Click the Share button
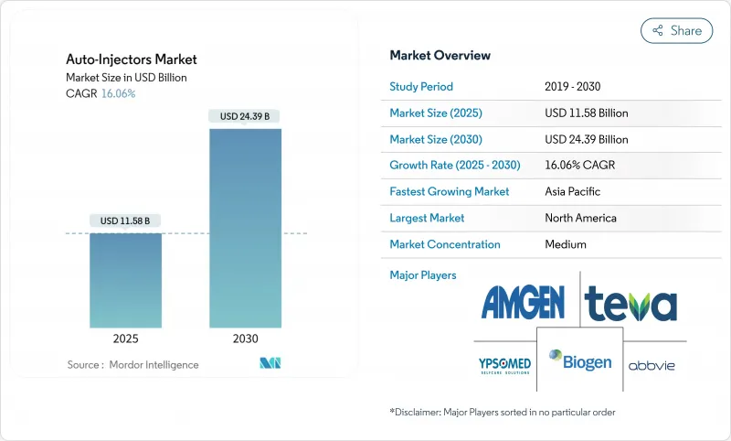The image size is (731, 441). (676, 30)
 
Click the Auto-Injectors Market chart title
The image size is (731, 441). (132, 59)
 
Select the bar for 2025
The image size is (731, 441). (126, 280)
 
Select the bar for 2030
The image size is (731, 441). (245, 228)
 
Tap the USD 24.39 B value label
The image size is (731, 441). (245, 116)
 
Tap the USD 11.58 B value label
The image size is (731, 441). (126, 220)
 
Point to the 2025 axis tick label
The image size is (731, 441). (126, 338)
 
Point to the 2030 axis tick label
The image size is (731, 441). (245, 338)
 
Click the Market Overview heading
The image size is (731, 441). (440, 55)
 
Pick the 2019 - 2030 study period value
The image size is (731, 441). (573, 87)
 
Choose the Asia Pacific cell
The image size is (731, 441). (572, 192)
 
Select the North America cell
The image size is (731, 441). (579, 218)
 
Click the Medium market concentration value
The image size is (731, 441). (565, 244)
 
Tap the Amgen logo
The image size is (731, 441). (522, 301)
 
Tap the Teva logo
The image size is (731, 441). (630, 302)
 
